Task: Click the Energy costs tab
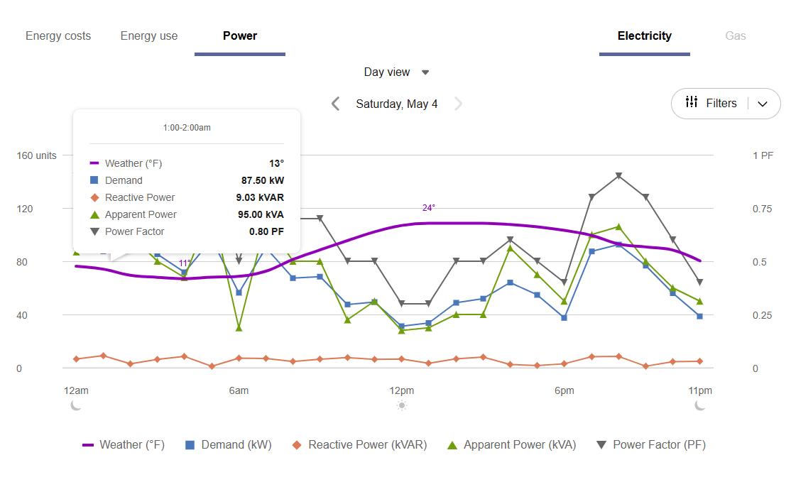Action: coord(58,36)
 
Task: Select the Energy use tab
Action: coord(149,36)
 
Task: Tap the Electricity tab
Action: coord(644,36)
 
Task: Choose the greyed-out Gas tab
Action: coord(735,36)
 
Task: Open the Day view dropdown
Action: coord(396,72)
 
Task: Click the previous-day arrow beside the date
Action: coord(336,104)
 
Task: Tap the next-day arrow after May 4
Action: coord(458,104)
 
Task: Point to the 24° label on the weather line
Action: coord(428,208)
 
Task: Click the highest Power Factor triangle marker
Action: coord(618,176)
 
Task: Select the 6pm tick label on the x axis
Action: coord(564,390)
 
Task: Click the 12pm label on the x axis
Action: coord(401,390)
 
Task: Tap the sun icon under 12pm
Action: coord(402,405)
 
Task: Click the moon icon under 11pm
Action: coord(700,405)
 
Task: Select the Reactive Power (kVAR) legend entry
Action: coord(359,445)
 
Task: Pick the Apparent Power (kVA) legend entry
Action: coord(511,445)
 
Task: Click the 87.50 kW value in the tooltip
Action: coord(262,181)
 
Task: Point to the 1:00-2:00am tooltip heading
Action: coord(187,128)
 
